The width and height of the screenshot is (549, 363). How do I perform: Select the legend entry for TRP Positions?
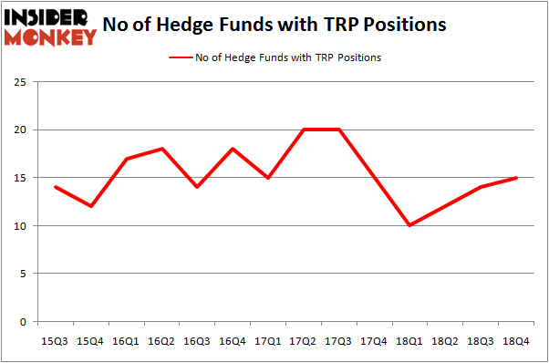[274, 57]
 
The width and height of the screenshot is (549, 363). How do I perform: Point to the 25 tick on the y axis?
[25, 82]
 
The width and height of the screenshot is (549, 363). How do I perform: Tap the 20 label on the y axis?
[25, 130]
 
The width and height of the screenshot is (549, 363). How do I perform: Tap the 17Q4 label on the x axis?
[374, 340]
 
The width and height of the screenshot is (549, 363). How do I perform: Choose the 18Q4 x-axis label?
[515, 340]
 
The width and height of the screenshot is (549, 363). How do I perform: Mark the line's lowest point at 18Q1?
[409, 225]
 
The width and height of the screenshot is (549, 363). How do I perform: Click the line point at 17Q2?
[303, 130]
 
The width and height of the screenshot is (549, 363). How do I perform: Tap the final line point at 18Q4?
[515, 178]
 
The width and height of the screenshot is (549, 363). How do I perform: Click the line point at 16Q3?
[196, 187]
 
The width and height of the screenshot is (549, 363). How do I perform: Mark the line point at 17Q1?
[267, 178]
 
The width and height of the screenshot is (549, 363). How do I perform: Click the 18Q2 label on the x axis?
[444, 340]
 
